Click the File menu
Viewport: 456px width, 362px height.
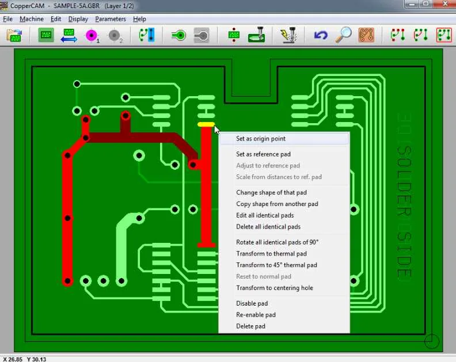pyautogui.click(x=8, y=19)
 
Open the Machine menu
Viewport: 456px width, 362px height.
pyautogui.click(x=32, y=19)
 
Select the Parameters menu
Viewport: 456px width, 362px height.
pyautogui.click(x=111, y=19)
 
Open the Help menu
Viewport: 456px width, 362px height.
pyautogui.click(x=139, y=19)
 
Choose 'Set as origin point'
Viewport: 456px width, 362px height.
pyautogui.click(x=261, y=139)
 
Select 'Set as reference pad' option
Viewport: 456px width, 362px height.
pyautogui.click(x=263, y=154)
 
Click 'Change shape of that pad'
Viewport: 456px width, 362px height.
pyautogui.click(x=271, y=192)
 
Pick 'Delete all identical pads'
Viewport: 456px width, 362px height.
pyautogui.click(x=268, y=227)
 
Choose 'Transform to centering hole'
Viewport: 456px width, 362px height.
pyautogui.click(x=275, y=288)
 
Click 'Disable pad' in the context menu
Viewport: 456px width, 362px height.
pyautogui.click(x=252, y=303)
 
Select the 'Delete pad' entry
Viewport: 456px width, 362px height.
pyautogui.click(x=250, y=326)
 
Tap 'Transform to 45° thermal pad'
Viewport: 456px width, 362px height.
pyautogui.click(x=276, y=265)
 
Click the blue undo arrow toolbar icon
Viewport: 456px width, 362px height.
pyautogui.click(x=321, y=35)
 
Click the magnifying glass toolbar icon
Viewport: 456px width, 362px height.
pyautogui.click(x=343, y=35)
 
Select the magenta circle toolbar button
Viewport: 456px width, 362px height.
pyautogui.click(x=92, y=36)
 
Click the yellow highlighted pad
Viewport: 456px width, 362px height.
pyautogui.click(x=206, y=124)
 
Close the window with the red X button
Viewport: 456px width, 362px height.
pyautogui.click(x=444, y=4)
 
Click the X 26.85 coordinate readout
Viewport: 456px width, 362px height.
pyautogui.click(x=13, y=359)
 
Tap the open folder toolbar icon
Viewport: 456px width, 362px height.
pyautogui.click(x=14, y=36)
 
